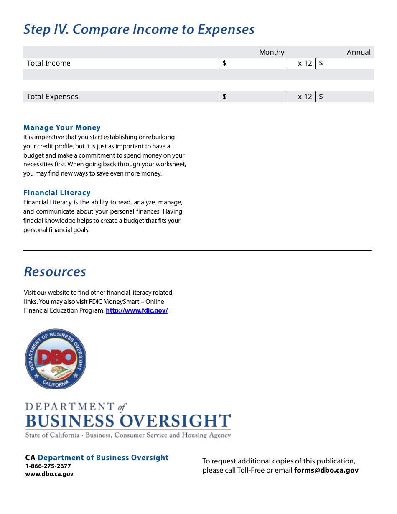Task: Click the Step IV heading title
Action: click(x=139, y=30)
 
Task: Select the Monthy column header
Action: click(x=272, y=52)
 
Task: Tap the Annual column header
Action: click(x=359, y=52)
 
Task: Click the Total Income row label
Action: click(x=48, y=63)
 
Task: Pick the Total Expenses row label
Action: click(x=52, y=97)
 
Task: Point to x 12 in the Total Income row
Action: click(x=305, y=63)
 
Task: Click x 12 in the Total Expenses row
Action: click(x=305, y=97)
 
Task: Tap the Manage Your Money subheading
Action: click(x=62, y=127)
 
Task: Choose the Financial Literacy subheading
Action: click(x=57, y=193)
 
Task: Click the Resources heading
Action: click(x=55, y=272)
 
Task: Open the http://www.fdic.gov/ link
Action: click(x=137, y=310)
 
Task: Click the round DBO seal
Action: click(x=55, y=359)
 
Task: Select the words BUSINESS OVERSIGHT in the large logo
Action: click(x=128, y=421)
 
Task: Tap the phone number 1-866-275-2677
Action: click(x=48, y=466)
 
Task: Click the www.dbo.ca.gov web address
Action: click(x=49, y=474)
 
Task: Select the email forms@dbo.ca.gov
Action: click(x=326, y=470)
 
